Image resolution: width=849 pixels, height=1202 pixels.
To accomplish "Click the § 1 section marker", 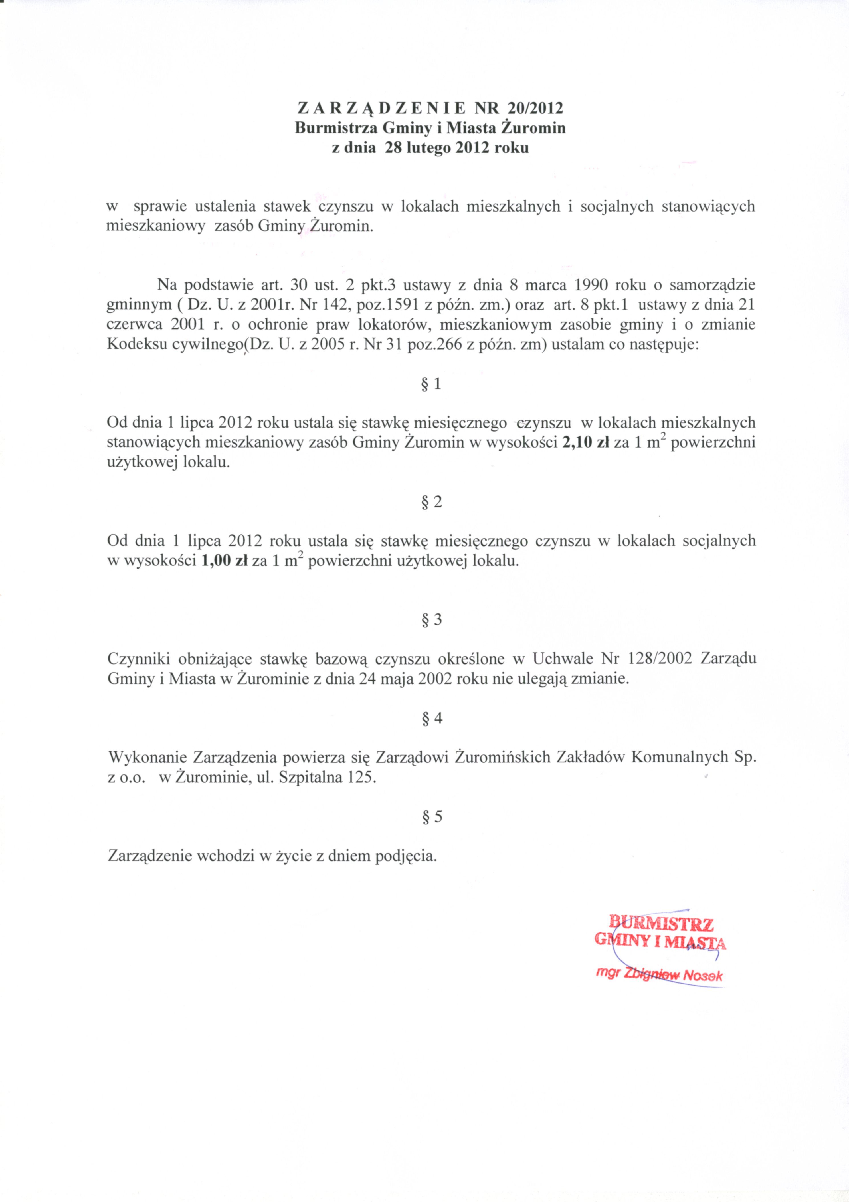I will (431, 384).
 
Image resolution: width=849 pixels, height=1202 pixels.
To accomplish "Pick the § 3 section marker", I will (431, 620).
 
